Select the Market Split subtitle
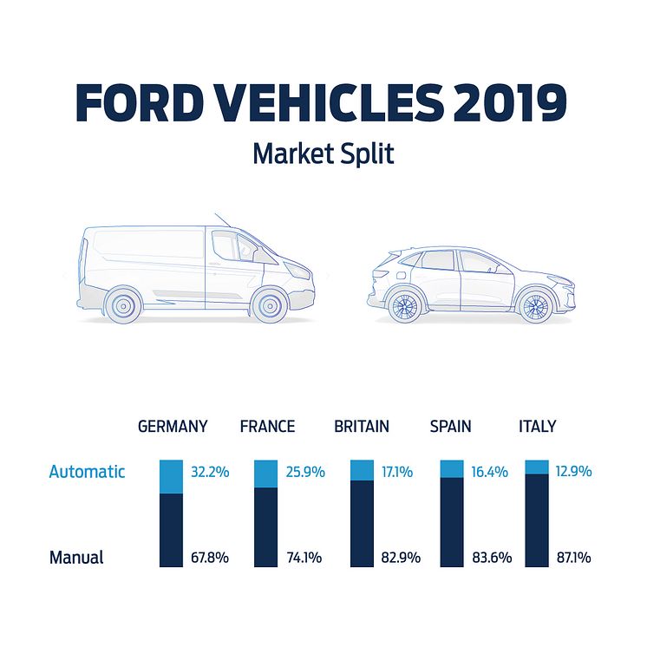(x=323, y=154)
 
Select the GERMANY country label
(x=173, y=426)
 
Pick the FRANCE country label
(x=267, y=426)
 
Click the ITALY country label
(x=537, y=426)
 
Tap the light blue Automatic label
(x=87, y=472)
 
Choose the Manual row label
(x=76, y=558)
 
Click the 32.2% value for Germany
(x=209, y=472)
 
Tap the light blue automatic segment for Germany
(x=171, y=477)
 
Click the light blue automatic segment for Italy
(x=538, y=467)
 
